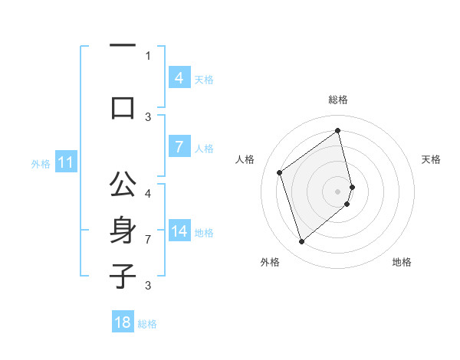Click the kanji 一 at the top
pyautogui.click(x=123, y=45)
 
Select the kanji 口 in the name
pyautogui.click(x=123, y=106)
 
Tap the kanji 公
pyautogui.click(x=123, y=185)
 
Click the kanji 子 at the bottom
pyautogui.click(x=123, y=276)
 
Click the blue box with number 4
pyautogui.click(x=179, y=78)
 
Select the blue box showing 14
pyautogui.click(x=179, y=232)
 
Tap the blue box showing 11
pyautogui.click(x=66, y=162)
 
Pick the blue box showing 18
pyautogui.click(x=123, y=322)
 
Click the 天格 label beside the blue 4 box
pyautogui.click(x=204, y=79)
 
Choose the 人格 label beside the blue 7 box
pyautogui.click(x=204, y=149)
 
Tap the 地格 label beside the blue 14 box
pyautogui.click(x=204, y=233)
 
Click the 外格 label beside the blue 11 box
pyautogui.click(x=40, y=163)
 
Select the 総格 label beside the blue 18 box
pyautogui.click(x=147, y=323)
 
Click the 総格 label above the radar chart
pyautogui.click(x=338, y=100)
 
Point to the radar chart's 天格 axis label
pyautogui.click(x=432, y=159)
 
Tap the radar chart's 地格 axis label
pyautogui.click(x=402, y=262)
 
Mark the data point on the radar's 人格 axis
pyautogui.click(x=280, y=172)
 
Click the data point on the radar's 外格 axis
pyautogui.click(x=301, y=242)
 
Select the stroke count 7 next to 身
pyautogui.click(x=148, y=240)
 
